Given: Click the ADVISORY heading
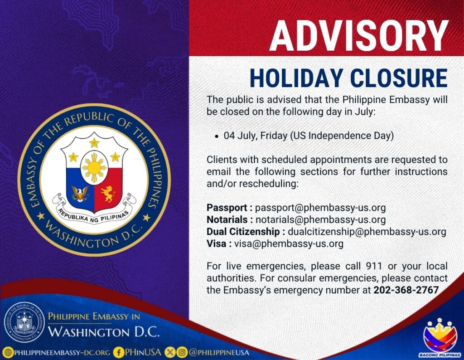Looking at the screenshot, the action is click(359, 36).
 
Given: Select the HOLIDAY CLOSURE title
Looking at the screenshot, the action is click(348, 78).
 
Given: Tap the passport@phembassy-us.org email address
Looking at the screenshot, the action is click(320, 208).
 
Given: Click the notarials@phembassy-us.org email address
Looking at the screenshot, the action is click(321, 219).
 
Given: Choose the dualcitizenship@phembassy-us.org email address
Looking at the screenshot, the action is click(367, 232).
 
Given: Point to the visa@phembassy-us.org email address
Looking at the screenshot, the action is click(289, 243).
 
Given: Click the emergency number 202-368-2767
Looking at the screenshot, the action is click(406, 290).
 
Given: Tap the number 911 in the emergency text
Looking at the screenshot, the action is click(374, 266).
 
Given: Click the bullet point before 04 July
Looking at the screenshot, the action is click(217, 136).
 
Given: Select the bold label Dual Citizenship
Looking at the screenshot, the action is click(243, 232).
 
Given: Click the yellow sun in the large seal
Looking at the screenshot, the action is click(94, 168).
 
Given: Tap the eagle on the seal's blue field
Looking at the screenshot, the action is click(80, 193).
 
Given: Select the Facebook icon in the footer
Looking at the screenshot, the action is click(119, 352).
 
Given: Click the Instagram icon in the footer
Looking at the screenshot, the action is click(183, 352).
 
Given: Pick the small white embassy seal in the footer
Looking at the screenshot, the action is click(24, 322).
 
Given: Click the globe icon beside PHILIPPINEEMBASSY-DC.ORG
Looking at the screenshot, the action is click(8, 353).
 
